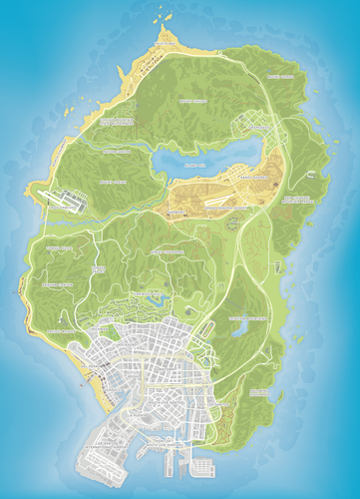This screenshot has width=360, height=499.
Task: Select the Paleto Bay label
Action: [166, 46]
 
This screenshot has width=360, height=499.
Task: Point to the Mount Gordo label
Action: [282, 76]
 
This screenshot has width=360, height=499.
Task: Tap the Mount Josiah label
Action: [118, 183]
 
